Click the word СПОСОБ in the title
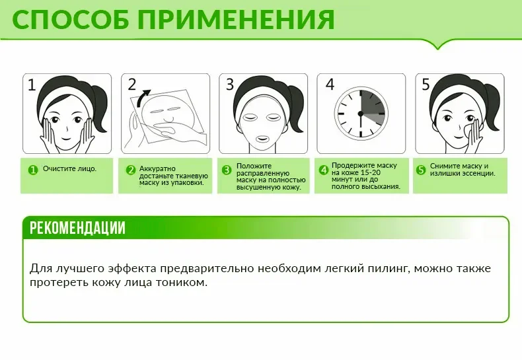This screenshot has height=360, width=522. [70, 20]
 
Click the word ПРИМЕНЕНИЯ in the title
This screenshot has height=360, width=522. [236, 20]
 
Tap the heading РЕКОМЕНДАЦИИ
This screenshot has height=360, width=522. [77, 228]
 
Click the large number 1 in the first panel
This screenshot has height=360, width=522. [32, 85]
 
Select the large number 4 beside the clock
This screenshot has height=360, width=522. [330, 85]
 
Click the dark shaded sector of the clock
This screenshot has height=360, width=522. [373, 104]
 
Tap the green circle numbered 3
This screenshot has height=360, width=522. [227, 170]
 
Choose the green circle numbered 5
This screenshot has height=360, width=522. [421, 170]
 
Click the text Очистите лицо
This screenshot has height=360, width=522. [69, 168]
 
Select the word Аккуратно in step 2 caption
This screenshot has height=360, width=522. [157, 168]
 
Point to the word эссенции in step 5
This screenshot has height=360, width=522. [479, 173]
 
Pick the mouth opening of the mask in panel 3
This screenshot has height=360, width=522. [262, 138]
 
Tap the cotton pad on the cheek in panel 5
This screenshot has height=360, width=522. [465, 130]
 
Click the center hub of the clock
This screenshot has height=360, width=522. [360, 114]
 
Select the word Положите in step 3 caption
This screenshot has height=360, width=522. [254, 166]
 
